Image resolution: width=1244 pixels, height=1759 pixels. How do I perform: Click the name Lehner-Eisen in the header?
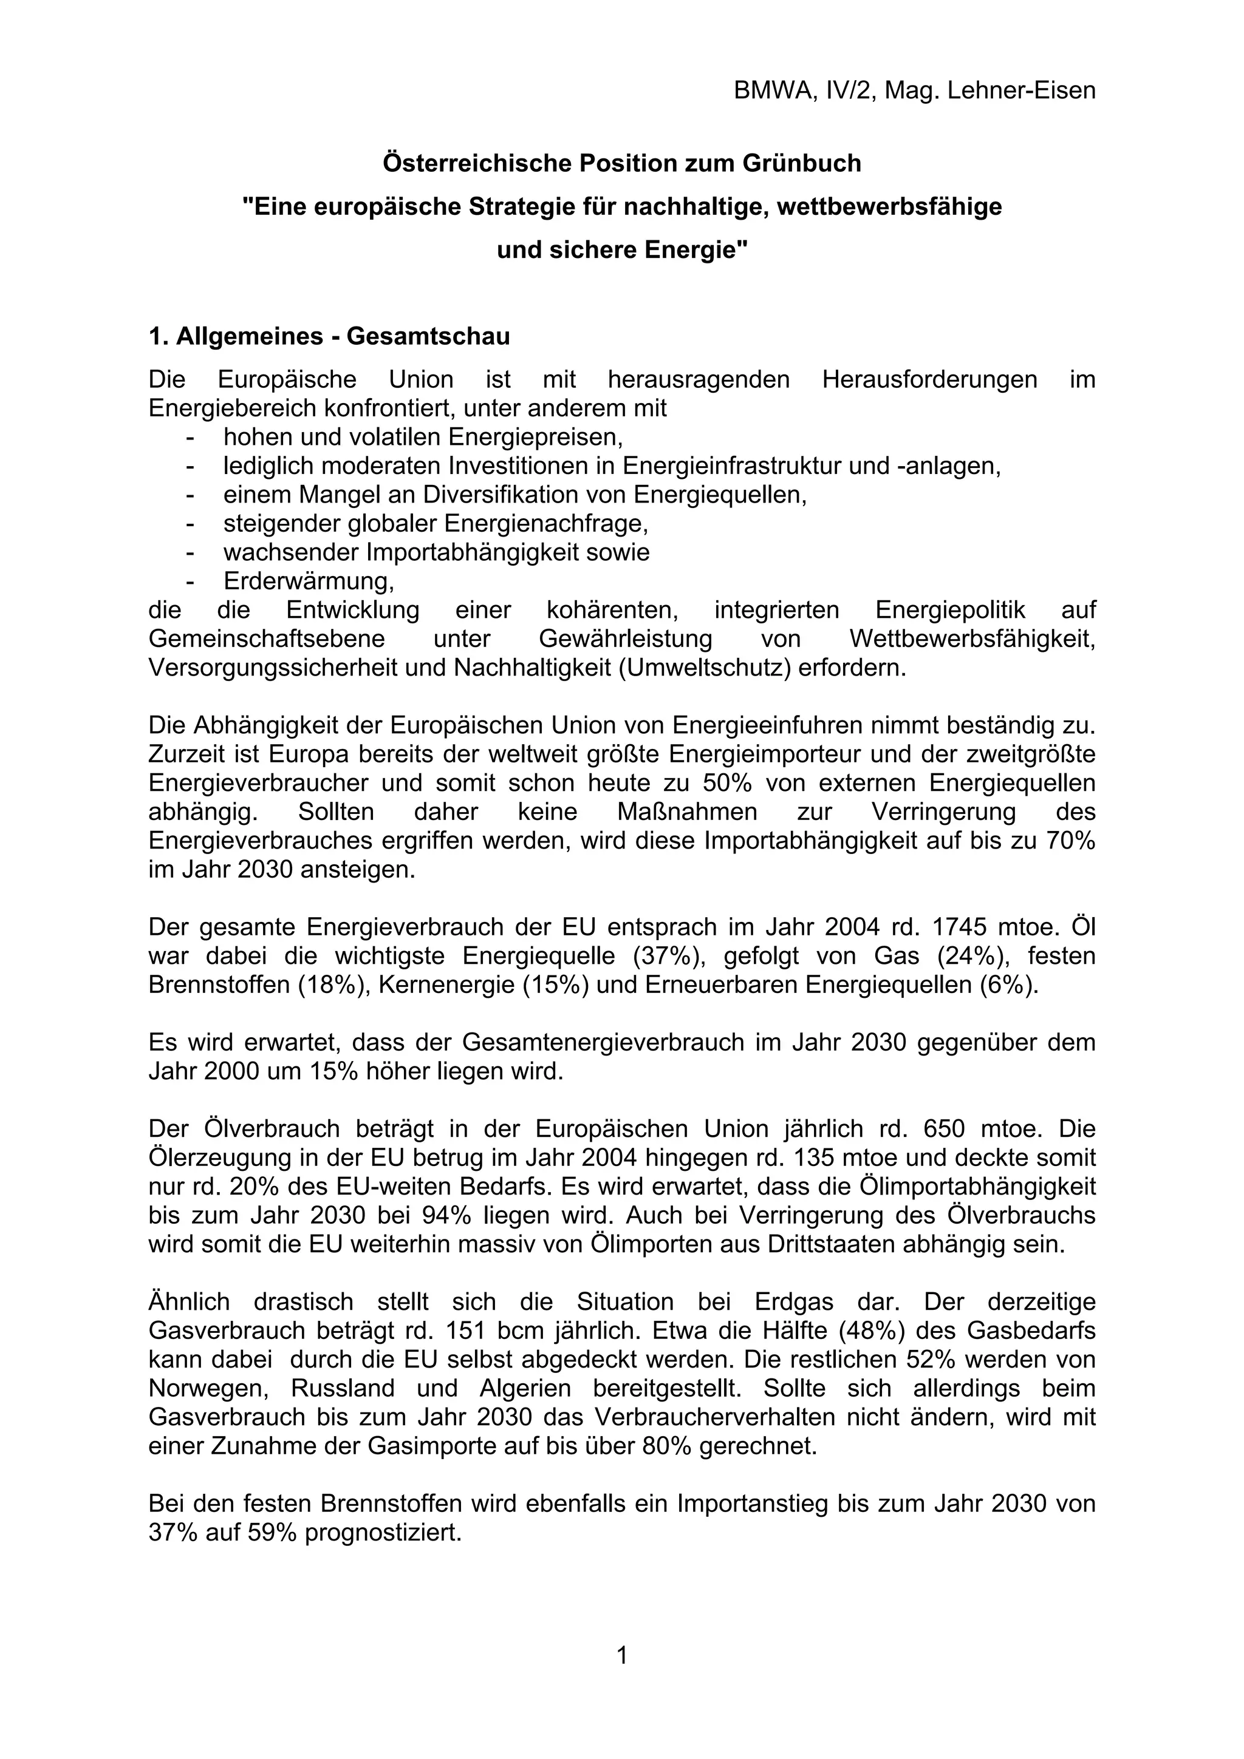[1021, 91]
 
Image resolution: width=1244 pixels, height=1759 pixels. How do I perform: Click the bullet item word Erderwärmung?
[308, 581]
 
